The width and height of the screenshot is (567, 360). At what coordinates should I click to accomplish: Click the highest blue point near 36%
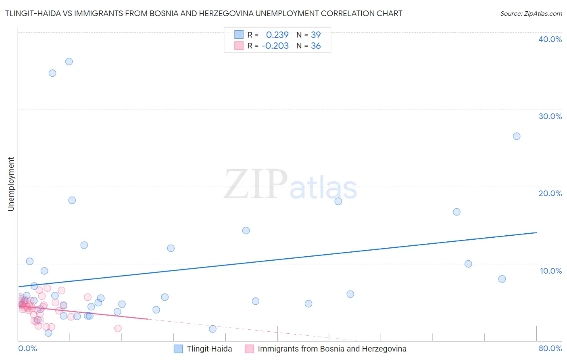point(69,61)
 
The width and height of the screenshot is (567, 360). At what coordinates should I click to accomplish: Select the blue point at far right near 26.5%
point(517,136)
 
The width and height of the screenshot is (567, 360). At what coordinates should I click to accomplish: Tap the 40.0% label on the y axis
point(550,39)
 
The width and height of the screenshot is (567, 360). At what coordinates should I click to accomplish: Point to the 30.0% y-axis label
point(550,116)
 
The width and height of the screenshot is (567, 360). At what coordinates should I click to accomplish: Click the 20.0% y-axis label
point(550,193)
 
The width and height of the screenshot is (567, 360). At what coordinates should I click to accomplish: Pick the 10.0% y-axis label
point(551,271)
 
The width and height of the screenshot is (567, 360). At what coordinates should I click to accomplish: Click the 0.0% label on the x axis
point(27,348)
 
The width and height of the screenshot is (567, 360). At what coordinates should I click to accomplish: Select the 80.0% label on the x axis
point(550,348)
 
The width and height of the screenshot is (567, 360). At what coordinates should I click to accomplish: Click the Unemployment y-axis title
point(11,184)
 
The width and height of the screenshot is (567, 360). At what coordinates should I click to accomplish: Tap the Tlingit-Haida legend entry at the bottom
point(209,349)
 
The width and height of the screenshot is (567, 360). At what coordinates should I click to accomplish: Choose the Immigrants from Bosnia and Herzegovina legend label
point(332,349)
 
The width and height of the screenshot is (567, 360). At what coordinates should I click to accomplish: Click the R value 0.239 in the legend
point(277,35)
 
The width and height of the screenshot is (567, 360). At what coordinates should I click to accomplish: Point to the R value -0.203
point(275,46)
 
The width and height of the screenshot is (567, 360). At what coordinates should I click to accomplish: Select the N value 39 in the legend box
point(316,35)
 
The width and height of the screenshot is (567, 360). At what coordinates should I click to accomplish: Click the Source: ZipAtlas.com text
point(531,14)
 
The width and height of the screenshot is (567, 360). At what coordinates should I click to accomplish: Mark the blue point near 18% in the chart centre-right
point(338,201)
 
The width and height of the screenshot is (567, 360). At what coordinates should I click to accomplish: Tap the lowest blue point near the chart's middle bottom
point(213,329)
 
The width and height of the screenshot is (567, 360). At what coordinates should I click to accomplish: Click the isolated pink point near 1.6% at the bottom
point(118,328)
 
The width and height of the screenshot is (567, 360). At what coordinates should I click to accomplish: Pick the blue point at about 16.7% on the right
point(457,212)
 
